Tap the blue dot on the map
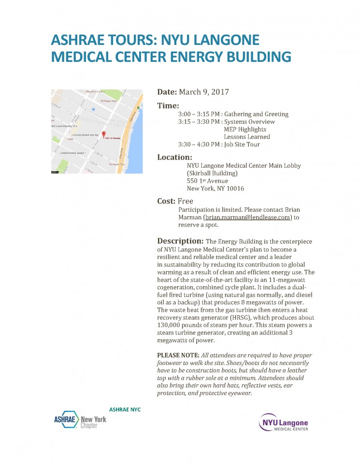point(93,110)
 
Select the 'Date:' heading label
point(167,92)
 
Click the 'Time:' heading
point(168,106)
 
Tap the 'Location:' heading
point(175,157)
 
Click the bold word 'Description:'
point(180,241)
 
